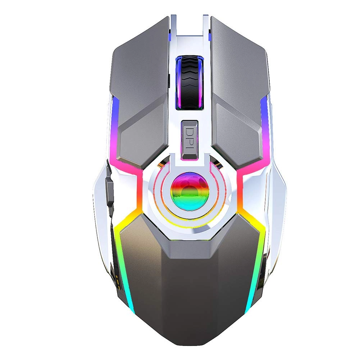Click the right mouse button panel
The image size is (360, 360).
tap(239, 90)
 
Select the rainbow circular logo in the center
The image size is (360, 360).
tap(190, 189)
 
